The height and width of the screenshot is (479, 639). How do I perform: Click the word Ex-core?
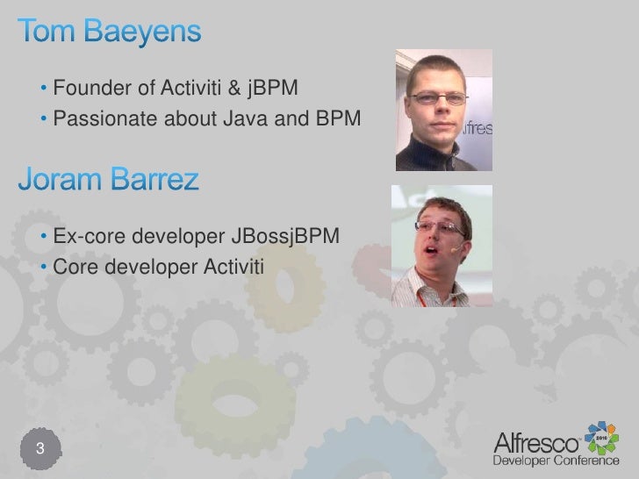click(x=84, y=238)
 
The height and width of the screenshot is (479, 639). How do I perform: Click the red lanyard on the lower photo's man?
click(x=424, y=297)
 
